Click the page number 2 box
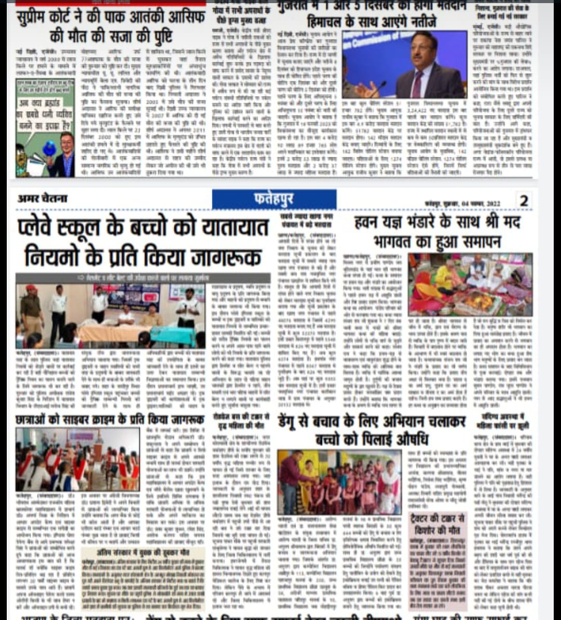point(524,200)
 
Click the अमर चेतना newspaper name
point(43,199)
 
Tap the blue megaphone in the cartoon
point(50,148)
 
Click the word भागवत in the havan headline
point(399,242)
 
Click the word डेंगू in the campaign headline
point(292,421)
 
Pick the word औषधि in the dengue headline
point(405,439)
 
